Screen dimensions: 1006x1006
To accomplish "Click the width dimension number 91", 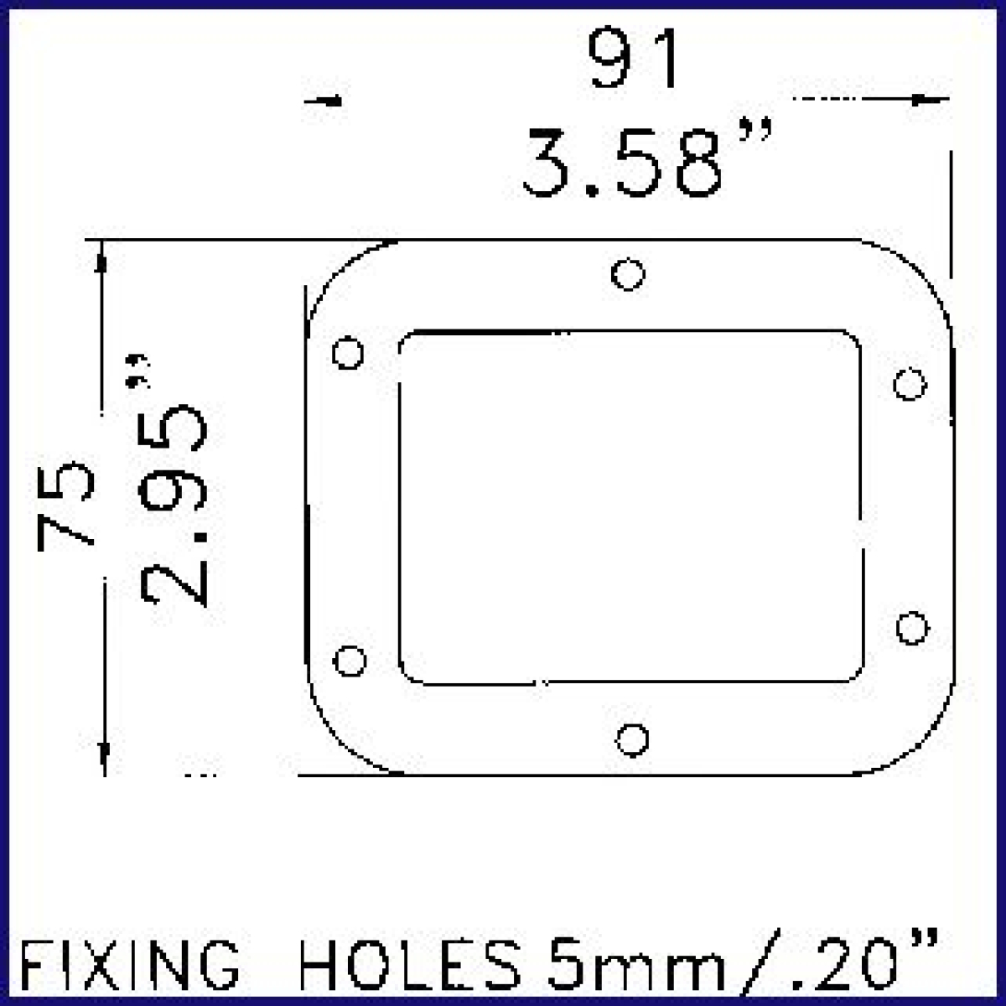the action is [633, 59].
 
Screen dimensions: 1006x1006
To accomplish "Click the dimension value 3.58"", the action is [647, 161].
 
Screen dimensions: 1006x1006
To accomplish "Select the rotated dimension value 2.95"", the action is [173, 480].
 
